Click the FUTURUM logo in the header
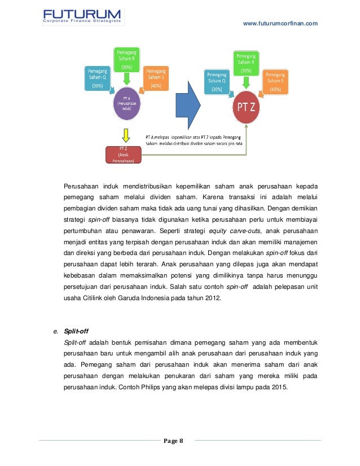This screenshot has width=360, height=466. point(82,16)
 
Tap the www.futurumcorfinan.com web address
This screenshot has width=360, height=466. point(280,23)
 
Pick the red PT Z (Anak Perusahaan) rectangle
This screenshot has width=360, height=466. point(122,154)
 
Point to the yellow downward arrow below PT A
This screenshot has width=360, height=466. point(125,135)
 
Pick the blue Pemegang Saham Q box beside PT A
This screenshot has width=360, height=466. point(97,78)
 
